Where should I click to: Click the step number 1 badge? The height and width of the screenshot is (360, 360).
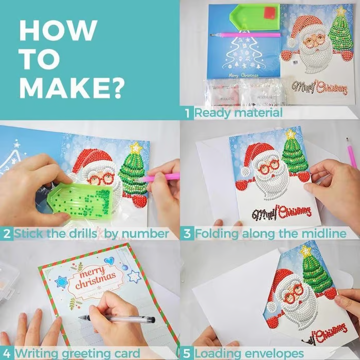coord(187,113)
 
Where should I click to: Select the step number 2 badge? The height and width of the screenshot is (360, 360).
coord(7,233)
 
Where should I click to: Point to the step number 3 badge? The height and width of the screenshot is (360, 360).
coord(187,233)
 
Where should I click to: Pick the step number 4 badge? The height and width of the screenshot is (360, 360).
coord(7,353)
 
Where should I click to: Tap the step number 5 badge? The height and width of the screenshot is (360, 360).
coord(187,353)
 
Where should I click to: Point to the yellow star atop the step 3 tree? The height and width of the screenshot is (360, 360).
coord(291,134)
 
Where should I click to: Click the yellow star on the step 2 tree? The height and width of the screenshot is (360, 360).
coord(136,148)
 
